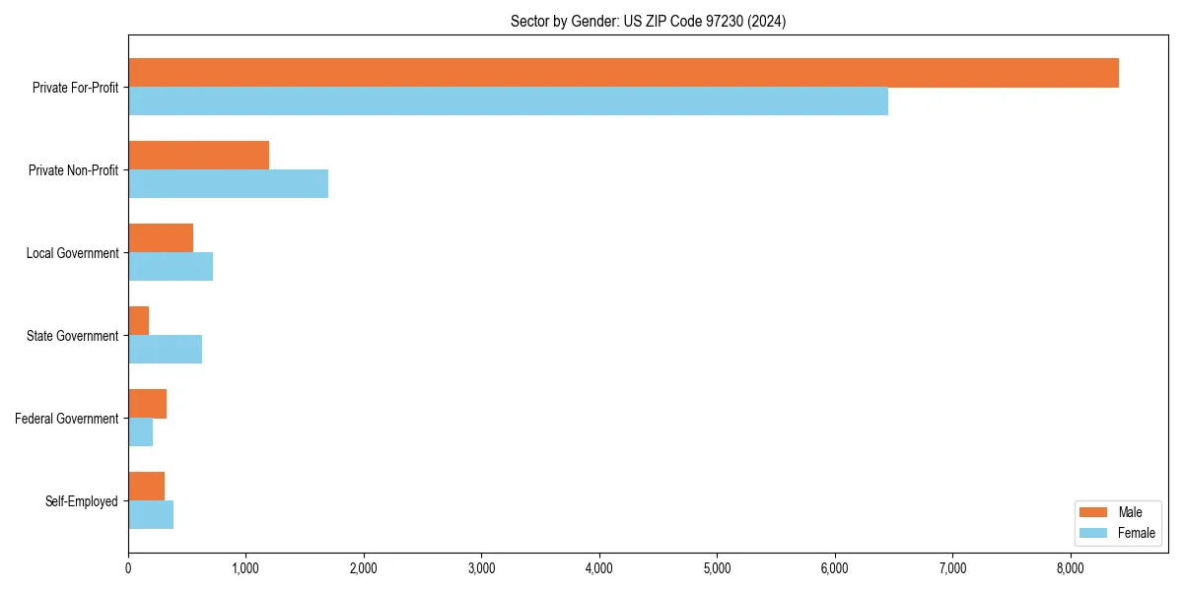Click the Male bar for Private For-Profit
pos(623,73)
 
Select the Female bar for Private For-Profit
pos(508,101)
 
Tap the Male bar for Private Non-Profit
pos(198,156)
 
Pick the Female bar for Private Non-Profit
pos(228,184)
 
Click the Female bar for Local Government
pos(171,267)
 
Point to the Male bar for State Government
pos(139,321)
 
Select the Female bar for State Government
pos(165,350)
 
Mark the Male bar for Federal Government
pos(147,404)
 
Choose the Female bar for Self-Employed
pos(151,515)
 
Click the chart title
pos(648,21)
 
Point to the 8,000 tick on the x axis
pos(1071,568)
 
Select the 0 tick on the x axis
pos(128,568)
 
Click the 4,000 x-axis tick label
pos(599,568)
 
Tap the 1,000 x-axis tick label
pos(245,568)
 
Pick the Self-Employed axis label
pos(82,501)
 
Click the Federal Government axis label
pos(67,419)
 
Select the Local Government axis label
pos(72,253)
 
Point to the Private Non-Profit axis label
pos(73,170)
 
